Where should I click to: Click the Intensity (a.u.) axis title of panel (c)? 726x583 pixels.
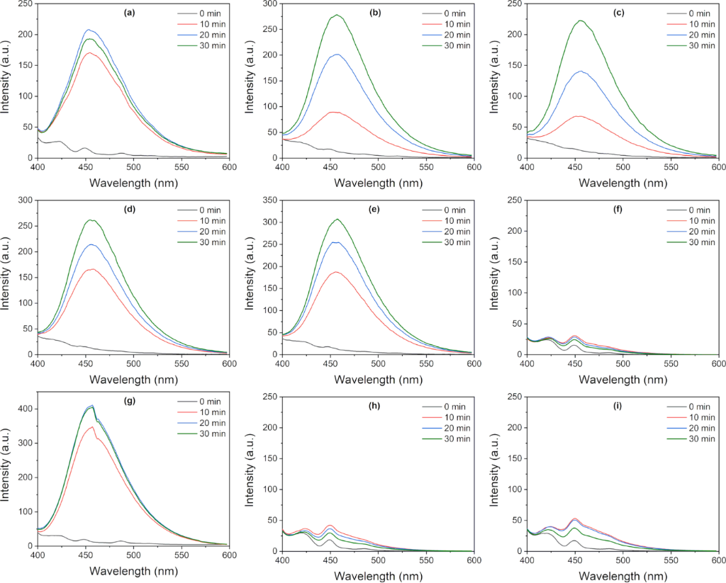point(494,79)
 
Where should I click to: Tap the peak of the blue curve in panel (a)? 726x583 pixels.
point(89,30)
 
